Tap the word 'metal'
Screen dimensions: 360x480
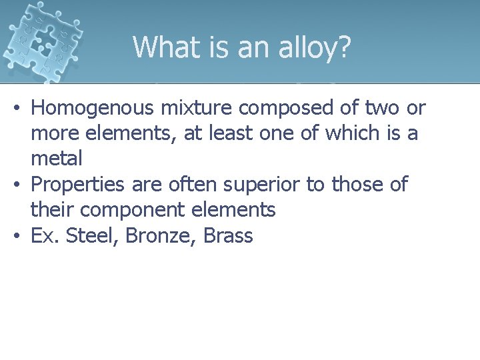(57, 159)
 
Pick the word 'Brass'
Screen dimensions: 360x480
(228, 235)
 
